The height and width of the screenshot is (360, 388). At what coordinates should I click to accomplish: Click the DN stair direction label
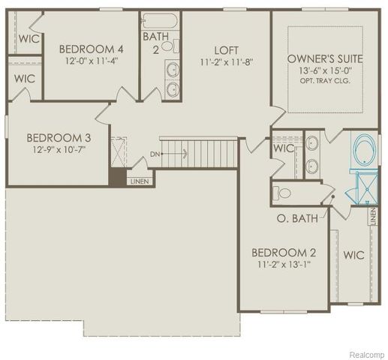pos(155,154)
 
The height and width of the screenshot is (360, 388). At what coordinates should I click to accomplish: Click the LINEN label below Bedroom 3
pos(140,181)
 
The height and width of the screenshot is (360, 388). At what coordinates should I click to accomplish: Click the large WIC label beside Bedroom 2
pos(354,255)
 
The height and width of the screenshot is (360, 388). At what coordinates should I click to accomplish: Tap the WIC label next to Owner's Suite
pos(284,148)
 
